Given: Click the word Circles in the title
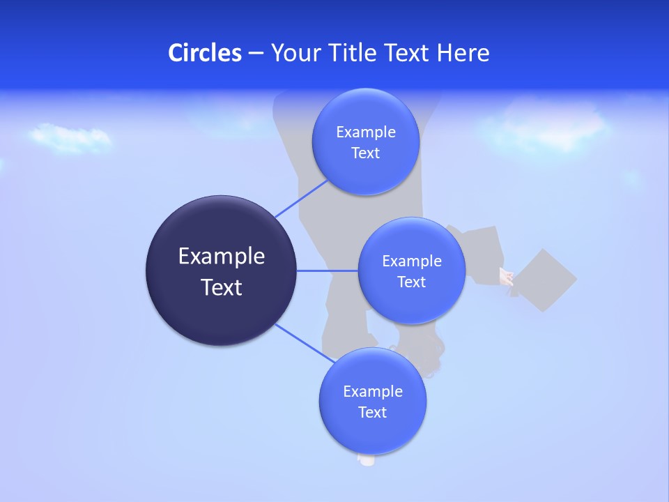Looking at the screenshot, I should pyautogui.click(x=205, y=53).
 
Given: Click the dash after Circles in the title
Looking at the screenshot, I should pyautogui.click(x=256, y=54).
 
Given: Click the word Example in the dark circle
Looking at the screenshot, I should pyautogui.click(x=222, y=257).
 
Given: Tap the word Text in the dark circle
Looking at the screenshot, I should pyautogui.click(x=222, y=287).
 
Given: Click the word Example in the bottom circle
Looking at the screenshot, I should pyautogui.click(x=372, y=392).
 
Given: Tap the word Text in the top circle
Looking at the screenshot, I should pyautogui.click(x=365, y=153).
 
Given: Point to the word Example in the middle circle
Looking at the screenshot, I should pyautogui.click(x=411, y=261).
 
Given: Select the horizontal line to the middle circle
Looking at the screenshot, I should pyautogui.click(x=327, y=271).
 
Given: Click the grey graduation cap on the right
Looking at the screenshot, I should pyautogui.click(x=548, y=280).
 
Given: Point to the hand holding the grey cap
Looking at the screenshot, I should pyautogui.click(x=507, y=277).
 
